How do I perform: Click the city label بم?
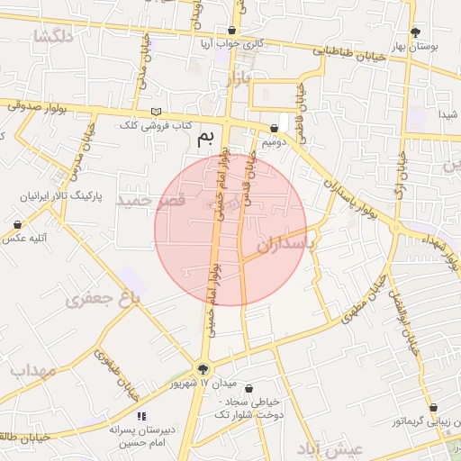206,138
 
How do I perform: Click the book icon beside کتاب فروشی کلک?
158,112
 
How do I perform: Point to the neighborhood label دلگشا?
51,36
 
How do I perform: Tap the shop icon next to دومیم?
274,129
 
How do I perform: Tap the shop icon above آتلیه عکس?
17,224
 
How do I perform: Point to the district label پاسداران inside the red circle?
287,243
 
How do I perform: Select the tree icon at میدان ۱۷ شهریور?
203,367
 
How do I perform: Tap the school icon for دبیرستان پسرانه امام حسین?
140,415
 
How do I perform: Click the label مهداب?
33,370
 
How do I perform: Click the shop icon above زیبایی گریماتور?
433,407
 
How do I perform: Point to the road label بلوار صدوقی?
38,105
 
